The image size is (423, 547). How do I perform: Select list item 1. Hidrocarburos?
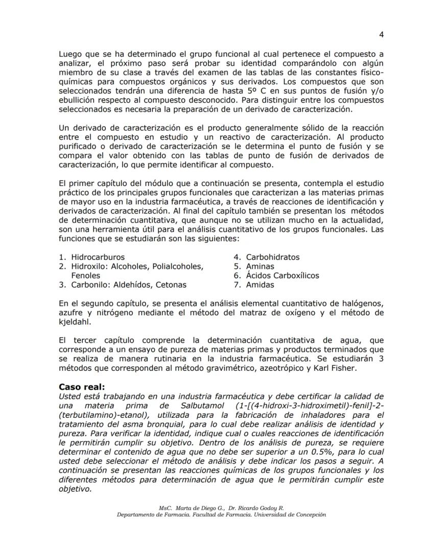click(x=92, y=257)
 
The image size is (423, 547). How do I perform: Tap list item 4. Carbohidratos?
click(x=267, y=257)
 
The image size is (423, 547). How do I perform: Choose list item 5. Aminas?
click(x=254, y=267)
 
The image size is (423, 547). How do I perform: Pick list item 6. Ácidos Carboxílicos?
click(x=276, y=276)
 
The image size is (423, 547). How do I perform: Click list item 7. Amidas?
click(x=254, y=285)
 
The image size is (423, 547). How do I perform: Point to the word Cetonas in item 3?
click(x=171, y=285)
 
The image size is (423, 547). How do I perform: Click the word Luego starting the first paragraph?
click(x=70, y=54)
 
